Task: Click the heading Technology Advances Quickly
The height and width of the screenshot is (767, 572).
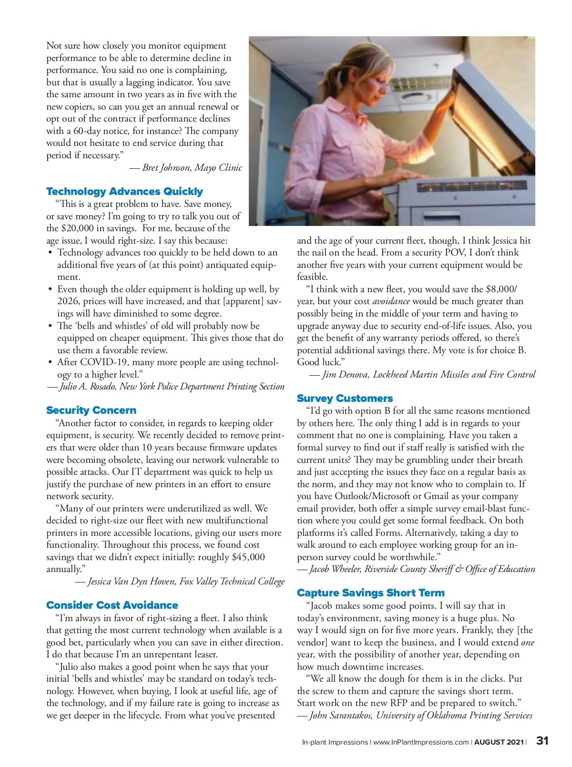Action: (124, 192)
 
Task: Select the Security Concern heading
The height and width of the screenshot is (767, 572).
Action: (91, 410)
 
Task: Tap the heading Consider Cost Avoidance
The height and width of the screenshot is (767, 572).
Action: (112, 605)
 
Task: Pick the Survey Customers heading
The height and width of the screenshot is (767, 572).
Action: (345, 399)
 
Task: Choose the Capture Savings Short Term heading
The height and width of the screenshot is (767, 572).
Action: (370, 593)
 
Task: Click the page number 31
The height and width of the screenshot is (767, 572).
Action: (542, 741)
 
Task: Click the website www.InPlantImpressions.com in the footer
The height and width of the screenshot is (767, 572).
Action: (420, 742)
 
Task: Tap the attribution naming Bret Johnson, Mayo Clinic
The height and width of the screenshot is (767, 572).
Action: (186, 168)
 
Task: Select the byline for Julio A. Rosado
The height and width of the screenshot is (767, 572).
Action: (166, 387)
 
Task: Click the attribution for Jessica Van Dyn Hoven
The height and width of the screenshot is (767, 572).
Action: (180, 582)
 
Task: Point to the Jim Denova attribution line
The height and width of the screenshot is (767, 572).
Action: (422, 375)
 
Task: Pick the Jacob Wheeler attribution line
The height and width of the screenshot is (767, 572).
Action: (416, 569)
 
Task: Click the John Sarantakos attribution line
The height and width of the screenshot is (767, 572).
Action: (415, 716)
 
